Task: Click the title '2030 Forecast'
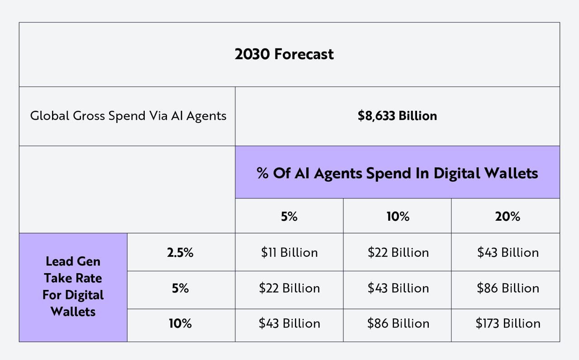coord(284,54)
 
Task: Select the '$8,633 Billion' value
coord(397,116)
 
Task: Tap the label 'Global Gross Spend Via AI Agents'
coord(128,116)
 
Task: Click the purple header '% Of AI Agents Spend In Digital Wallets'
coord(397,173)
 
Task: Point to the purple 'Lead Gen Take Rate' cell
coord(73,287)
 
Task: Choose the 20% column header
coord(508,217)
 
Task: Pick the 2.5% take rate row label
coord(180,252)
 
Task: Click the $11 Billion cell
coord(289,252)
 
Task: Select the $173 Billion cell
coord(508,323)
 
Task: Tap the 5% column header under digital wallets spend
coord(289,217)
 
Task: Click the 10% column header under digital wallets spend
coord(398,217)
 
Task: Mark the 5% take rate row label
coord(180,288)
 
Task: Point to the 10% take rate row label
coord(180,323)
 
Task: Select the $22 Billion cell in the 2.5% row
coord(398,252)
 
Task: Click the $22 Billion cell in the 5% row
coord(289,288)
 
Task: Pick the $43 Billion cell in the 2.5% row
coord(508,252)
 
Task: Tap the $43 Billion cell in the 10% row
coord(289,323)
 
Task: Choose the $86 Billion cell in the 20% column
coord(508,288)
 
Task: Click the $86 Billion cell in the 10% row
coord(398,323)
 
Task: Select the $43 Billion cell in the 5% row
coord(398,288)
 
